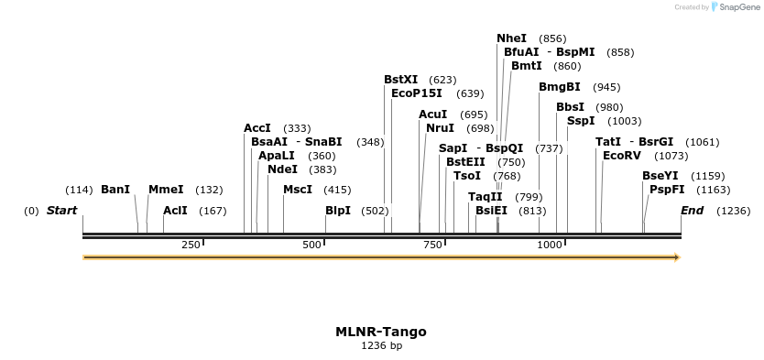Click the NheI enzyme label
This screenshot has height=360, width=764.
511,38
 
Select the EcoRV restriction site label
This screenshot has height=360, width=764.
622,156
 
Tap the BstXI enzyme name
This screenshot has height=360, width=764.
400,80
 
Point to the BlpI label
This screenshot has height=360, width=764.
338,211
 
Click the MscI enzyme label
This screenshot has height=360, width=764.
298,190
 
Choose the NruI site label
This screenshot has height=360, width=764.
440,128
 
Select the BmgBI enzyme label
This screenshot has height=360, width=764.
559,87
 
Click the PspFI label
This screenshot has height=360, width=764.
667,190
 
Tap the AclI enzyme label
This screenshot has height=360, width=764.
175,211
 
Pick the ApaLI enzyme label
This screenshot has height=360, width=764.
277,156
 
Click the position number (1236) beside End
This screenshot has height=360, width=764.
733,211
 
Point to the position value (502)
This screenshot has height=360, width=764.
374,211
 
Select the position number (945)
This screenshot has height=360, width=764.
606,87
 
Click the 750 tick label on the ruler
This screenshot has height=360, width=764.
433,245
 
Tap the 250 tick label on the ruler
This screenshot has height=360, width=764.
191,245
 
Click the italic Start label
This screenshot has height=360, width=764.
61,211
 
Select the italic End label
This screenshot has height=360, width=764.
692,211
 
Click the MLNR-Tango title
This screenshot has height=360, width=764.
381,332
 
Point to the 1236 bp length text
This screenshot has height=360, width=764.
381,346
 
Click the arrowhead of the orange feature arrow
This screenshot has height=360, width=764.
677,257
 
